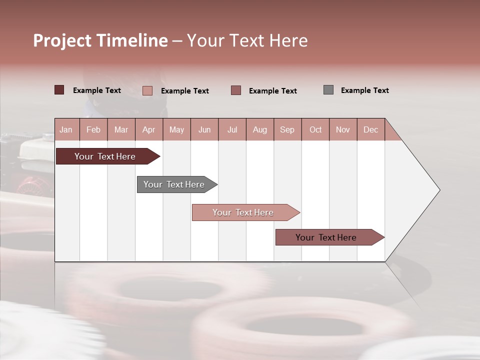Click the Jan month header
(x=66, y=129)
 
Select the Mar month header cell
(x=121, y=129)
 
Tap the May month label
(x=176, y=129)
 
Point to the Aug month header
(x=259, y=129)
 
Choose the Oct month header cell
(x=315, y=129)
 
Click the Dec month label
(x=370, y=129)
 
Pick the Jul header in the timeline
(x=232, y=129)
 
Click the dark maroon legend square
(x=59, y=90)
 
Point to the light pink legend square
(x=147, y=90)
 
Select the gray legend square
(x=328, y=90)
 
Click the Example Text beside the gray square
(x=364, y=90)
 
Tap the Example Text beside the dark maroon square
(x=96, y=90)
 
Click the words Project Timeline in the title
(x=100, y=40)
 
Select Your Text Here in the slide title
(x=247, y=40)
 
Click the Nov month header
(x=343, y=129)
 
